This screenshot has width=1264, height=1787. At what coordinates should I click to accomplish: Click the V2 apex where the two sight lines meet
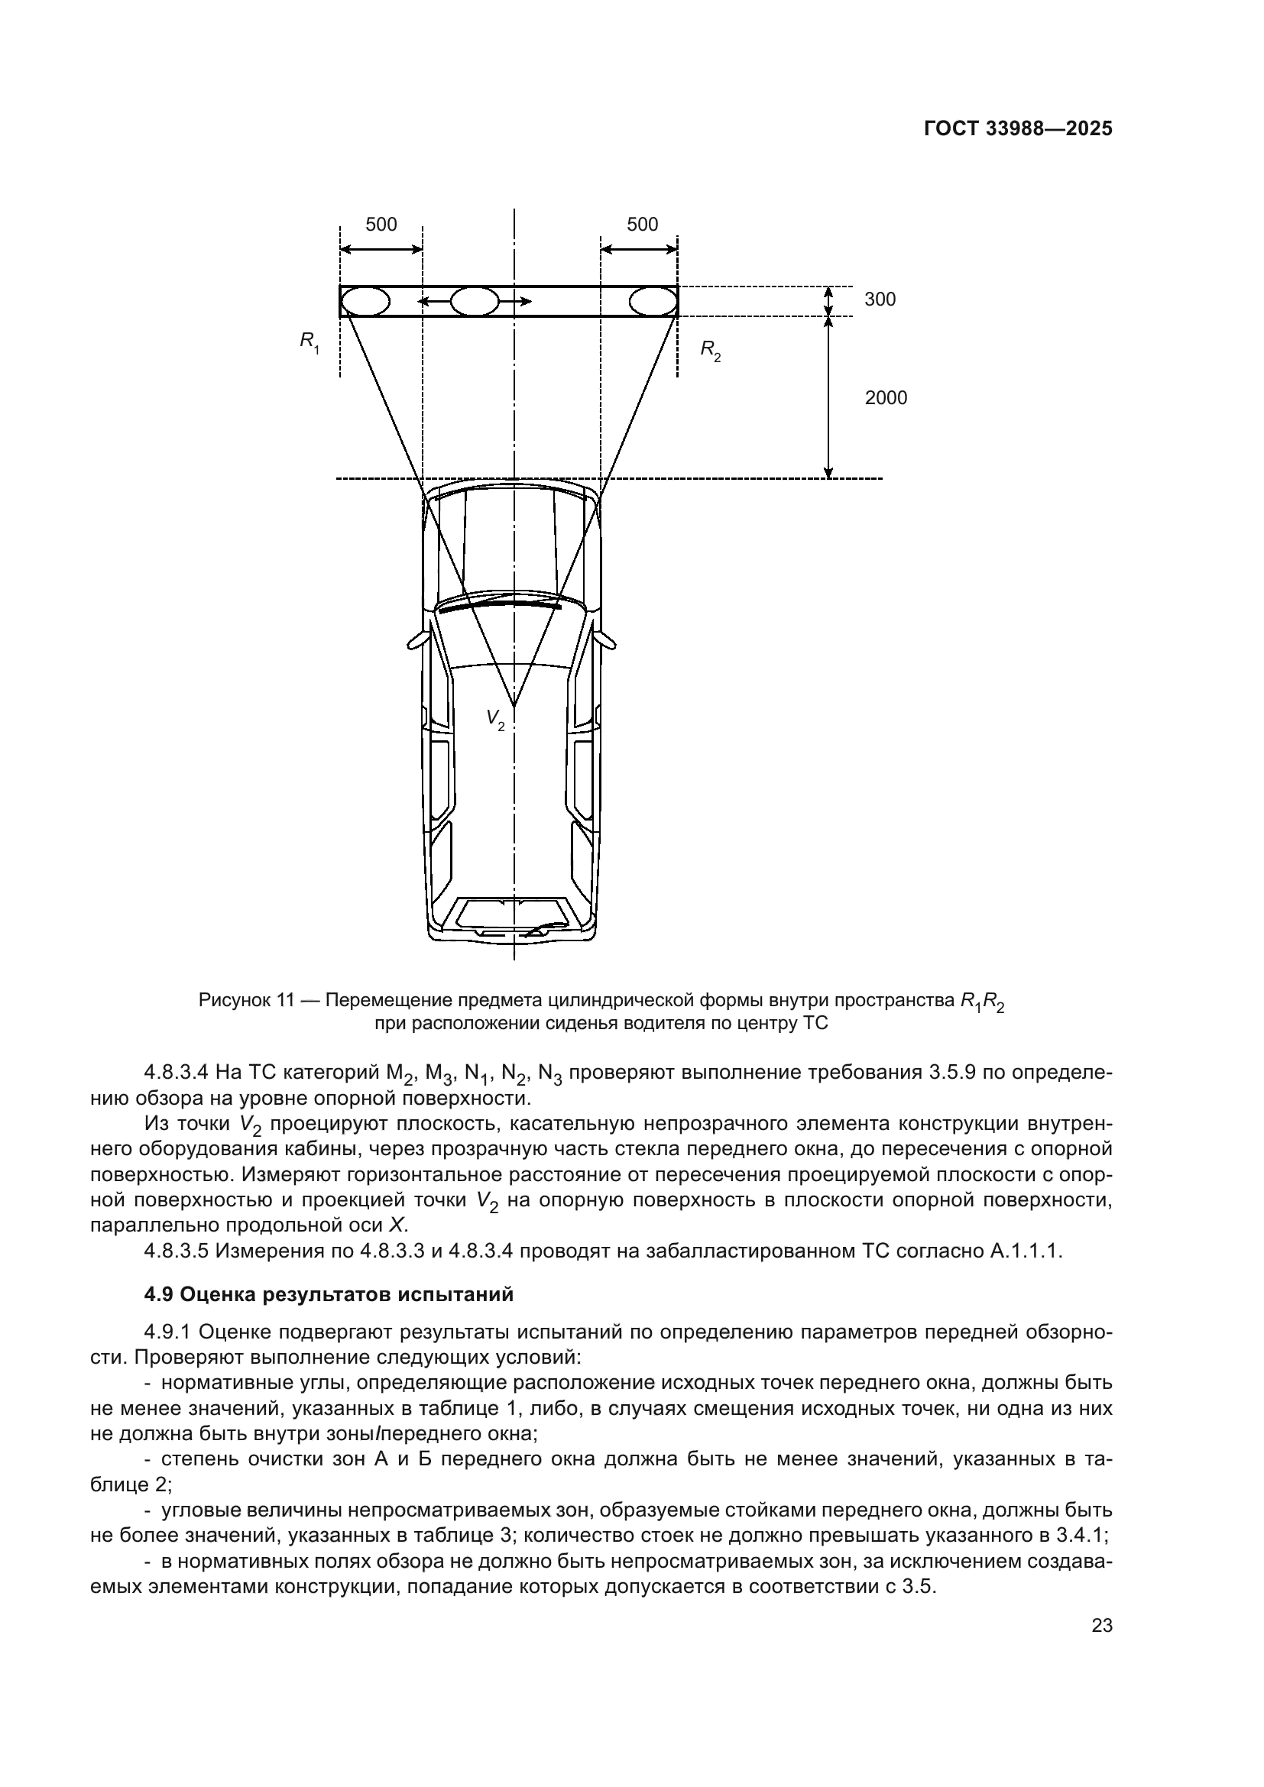coord(514,707)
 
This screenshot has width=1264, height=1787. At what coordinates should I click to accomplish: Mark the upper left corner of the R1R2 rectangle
coord(340,287)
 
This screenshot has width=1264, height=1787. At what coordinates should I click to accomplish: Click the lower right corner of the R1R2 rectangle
coord(678,316)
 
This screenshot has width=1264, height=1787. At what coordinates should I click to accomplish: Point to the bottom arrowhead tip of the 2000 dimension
coord(829,477)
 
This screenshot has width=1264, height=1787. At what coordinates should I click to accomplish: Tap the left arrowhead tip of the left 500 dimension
coord(341,249)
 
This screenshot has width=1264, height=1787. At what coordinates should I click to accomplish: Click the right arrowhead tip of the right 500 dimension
coord(677,249)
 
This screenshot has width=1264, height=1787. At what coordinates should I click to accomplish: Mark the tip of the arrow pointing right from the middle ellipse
coord(533,301)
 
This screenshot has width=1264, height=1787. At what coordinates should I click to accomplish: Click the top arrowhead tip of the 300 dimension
coord(829,287)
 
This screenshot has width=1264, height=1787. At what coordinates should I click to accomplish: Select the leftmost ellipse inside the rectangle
coord(365,301)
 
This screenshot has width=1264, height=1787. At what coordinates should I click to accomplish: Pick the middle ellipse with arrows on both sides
coord(474,301)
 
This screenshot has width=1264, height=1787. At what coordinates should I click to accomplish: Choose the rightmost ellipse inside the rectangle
coord(652,301)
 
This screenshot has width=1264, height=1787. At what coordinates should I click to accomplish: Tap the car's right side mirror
coord(605,639)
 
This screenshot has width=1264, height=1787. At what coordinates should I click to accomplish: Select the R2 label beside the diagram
coord(710,350)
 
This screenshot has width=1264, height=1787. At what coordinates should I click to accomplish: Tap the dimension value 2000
coord(886,398)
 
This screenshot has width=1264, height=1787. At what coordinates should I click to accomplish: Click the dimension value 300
coord(880,299)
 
